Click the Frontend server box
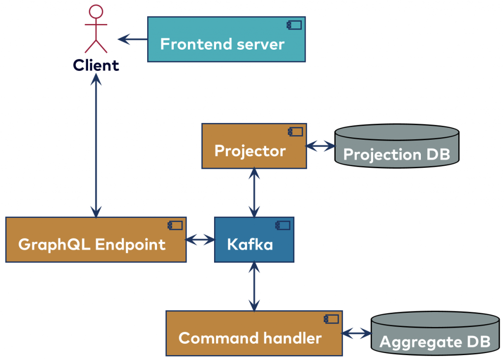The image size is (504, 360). point(226,39)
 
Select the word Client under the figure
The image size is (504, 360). point(96,65)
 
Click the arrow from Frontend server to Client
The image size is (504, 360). point(132,39)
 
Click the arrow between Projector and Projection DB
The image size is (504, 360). point(320,146)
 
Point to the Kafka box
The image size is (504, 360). point(254,240)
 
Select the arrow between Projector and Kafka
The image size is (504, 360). point(254,192)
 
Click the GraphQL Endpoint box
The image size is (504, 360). point(96,240)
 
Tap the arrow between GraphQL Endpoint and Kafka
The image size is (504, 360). point(200,240)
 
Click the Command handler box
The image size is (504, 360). point(254,333)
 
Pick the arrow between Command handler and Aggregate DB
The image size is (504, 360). point(357,333)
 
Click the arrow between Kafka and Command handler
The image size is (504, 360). point(254,286)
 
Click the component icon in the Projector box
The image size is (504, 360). point(295,131)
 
